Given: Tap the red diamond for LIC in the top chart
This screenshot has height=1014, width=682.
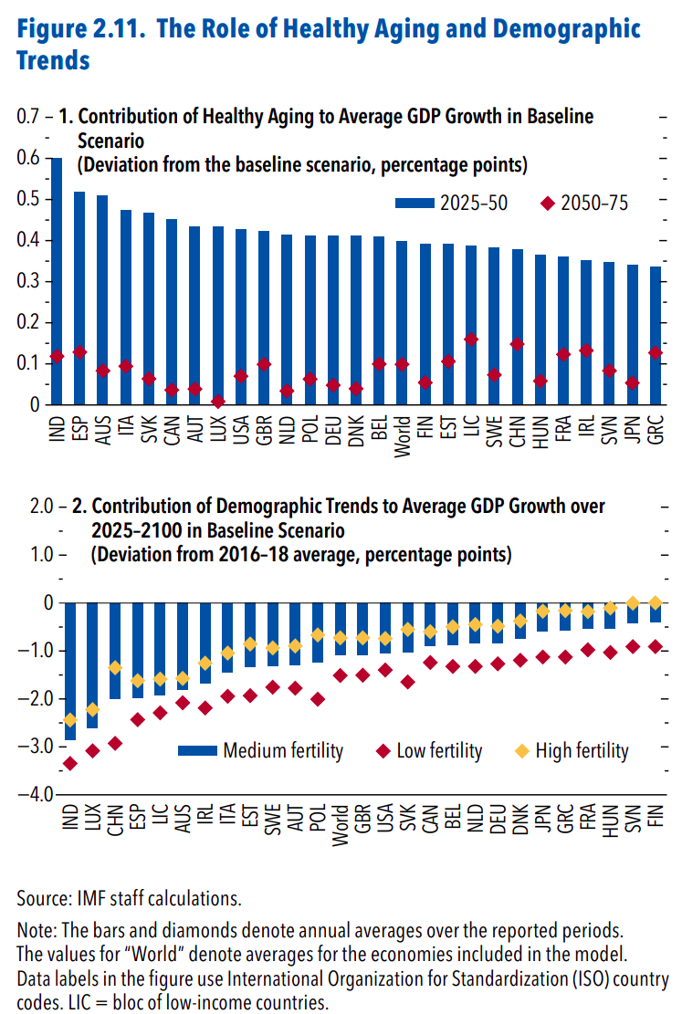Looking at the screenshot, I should [471, 340].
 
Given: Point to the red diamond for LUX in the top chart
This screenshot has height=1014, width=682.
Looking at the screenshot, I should [218, 402].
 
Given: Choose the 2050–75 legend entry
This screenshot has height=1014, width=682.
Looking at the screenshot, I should [585, 204].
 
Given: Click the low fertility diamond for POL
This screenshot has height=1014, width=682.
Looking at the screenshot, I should [318, 699].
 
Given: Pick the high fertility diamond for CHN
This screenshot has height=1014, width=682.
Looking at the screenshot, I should [115, 668].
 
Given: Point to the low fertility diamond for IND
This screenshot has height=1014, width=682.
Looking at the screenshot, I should [68, 763].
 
